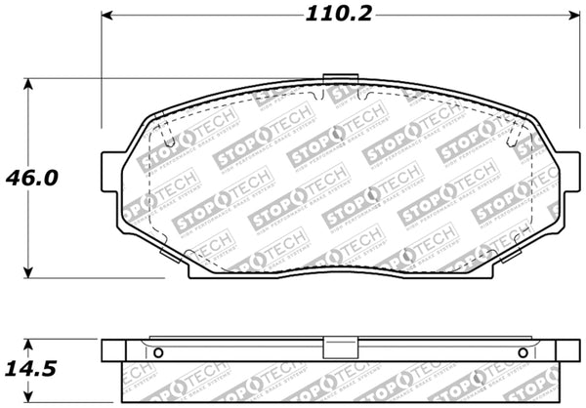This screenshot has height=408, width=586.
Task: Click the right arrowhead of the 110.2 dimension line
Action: tap(568, 17)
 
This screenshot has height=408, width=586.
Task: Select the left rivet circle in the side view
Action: tap(151, 351)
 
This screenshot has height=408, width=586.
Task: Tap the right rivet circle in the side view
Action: tap(523, 351)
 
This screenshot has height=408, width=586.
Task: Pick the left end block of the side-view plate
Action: tap(113, 349)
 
